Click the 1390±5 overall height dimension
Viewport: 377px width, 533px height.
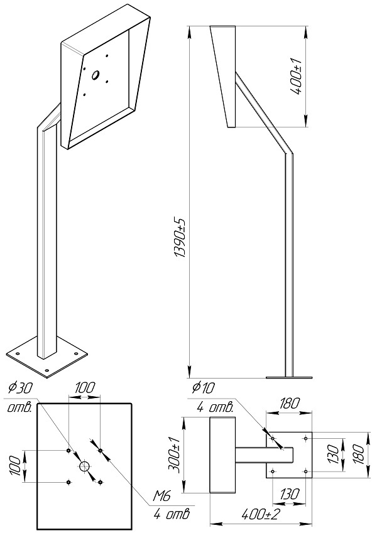[x=180, y=239]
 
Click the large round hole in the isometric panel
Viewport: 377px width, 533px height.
[x=96, y=75]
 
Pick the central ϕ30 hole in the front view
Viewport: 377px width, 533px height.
[x=84, y=466]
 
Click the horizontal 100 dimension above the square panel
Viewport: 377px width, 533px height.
[x=84, y=388]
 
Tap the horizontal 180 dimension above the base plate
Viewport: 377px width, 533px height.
[x=290, y=403]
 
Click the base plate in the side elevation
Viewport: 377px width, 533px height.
[x=289, y=377]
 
